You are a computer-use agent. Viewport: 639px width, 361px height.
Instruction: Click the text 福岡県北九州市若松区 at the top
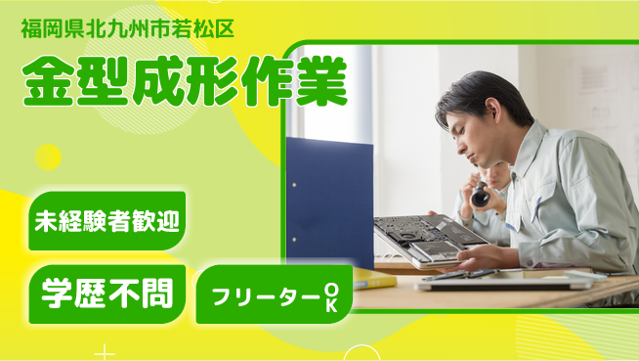click(x=127, y=27)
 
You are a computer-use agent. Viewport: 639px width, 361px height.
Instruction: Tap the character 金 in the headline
click(x=46, y=82)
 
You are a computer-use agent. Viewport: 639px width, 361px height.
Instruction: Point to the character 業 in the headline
click(x=320, y=82)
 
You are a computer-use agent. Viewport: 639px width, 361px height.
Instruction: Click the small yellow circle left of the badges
click(x=48, y=157)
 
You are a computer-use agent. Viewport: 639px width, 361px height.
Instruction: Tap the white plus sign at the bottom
click(x=105, y=351)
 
